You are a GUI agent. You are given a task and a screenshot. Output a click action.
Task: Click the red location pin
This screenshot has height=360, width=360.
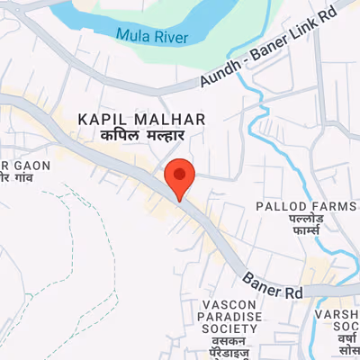click(181, 175)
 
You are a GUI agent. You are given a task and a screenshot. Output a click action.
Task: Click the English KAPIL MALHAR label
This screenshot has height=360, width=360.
click(142, 119)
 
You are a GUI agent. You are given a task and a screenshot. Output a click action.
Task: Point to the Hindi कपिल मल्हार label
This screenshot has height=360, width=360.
click(141, 134)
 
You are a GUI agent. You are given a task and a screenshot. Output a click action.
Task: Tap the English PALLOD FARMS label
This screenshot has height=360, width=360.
click(306, 206)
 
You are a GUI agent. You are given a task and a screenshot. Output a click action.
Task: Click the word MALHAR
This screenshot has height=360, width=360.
click(175, 119)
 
